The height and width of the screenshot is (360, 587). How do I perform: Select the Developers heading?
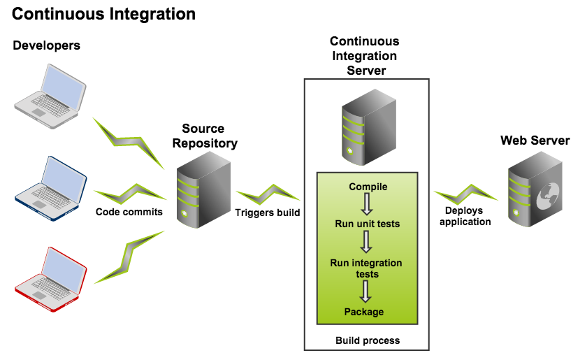[46, 46]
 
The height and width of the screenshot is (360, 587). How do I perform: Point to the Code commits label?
[129, 212]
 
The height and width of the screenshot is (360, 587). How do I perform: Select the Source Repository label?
[204, 136]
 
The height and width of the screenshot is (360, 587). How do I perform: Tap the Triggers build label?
[268, 213]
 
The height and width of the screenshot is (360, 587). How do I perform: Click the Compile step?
[368, 187]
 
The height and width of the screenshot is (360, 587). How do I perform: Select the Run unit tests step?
[368, 224]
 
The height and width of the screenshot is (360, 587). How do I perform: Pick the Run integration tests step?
[368, 268]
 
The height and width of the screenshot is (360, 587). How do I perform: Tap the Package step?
[364, 312]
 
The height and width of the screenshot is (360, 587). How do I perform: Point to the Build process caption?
[368, 340]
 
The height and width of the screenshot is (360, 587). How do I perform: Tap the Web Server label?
[535, 141]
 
